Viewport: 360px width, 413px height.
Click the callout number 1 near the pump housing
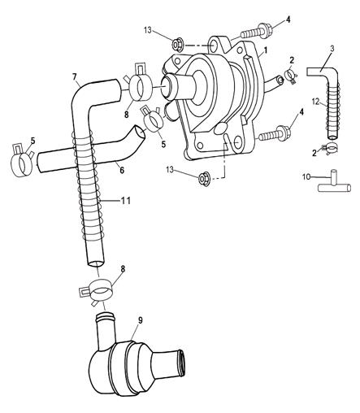pos(266,50)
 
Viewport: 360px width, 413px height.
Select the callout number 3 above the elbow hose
pos(332,49)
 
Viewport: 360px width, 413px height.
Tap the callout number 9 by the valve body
pos(140,320)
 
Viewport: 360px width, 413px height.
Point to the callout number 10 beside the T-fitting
pos(306,177)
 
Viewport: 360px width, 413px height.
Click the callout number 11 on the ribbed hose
pos(126,201)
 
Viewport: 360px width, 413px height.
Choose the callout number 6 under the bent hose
pos(122,170)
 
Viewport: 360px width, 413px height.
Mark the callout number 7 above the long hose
pos(75,76)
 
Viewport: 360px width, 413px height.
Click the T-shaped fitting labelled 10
pos(334,185)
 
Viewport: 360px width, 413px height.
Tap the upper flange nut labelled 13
pos(179,44)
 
